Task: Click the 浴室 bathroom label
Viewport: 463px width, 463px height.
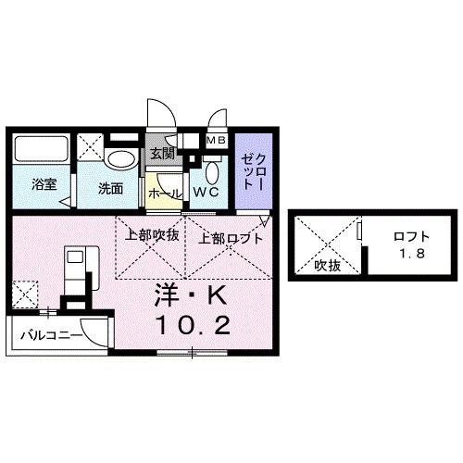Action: [44, 184]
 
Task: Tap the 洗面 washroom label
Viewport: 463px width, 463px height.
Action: [111, 188]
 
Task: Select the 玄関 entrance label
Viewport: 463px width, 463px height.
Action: [162, 154]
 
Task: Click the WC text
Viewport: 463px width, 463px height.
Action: [206, 193]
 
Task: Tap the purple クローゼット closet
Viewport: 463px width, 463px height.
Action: [252, 171]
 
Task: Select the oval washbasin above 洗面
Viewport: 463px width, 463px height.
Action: [119, 158]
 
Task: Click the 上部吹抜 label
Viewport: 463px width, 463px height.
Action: [151, 236]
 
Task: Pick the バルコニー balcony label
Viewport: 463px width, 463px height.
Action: [48, 333]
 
